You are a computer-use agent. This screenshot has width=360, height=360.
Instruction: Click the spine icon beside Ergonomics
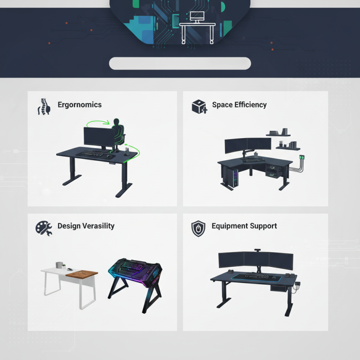point(44,106)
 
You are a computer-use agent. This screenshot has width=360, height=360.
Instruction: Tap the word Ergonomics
point(80,105)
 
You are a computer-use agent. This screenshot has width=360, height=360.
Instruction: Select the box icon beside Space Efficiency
point(199,107)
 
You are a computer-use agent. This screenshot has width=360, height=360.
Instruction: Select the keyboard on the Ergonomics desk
point(93,153)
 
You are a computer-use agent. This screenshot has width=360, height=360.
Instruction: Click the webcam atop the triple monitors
point(258,250)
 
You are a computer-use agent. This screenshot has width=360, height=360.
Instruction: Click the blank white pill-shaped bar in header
point(180,63)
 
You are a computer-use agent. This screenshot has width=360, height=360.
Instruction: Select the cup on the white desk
point(58,265)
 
